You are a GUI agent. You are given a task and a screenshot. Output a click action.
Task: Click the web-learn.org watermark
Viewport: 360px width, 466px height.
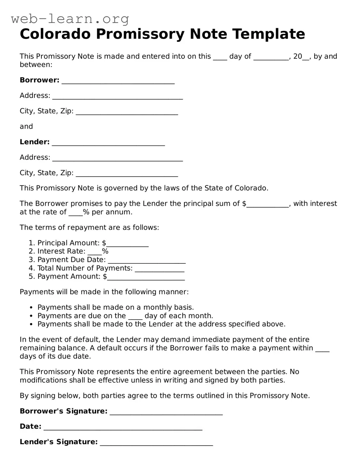coord(70,19)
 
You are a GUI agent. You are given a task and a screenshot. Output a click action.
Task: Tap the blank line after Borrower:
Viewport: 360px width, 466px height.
coord(118,81)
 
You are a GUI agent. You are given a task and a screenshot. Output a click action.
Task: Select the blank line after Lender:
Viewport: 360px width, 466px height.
coord(108,143)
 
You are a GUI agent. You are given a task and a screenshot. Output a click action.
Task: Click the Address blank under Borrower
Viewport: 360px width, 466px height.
coord(118,97)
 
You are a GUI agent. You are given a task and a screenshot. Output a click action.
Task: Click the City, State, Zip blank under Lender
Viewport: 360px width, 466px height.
coord(127,174)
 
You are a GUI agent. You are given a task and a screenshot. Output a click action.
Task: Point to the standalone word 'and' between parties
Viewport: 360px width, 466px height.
coord(26,126)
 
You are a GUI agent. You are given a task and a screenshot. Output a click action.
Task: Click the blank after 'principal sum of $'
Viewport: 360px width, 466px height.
coord(268,205)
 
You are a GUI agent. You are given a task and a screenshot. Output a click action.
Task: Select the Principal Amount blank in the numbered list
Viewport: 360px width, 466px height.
coord(127,244)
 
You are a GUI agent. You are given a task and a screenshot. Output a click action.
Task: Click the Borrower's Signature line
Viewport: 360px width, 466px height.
coord(166,412)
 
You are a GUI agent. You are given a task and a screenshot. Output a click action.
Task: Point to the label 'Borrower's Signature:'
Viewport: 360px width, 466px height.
coord(64,411)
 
